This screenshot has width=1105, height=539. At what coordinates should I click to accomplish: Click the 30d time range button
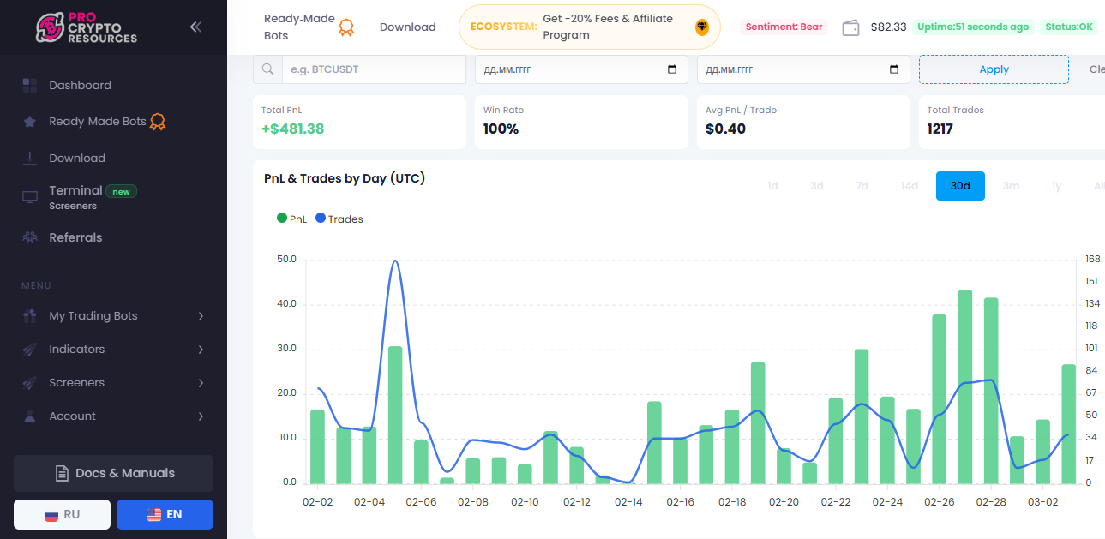tap(960, 186)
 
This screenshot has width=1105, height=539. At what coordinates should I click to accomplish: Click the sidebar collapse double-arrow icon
tap(195, 27)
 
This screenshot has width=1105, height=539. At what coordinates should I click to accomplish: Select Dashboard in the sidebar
tap(80, 86)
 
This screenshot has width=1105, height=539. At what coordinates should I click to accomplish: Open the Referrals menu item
tap(75, 237)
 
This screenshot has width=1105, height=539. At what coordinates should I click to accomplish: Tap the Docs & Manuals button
tap(113, 473)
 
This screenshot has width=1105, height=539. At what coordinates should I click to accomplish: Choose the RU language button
tap(63, 514)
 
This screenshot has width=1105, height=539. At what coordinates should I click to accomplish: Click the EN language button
tap(165, 514)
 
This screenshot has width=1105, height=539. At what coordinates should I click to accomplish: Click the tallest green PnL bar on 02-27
tap(965, 386)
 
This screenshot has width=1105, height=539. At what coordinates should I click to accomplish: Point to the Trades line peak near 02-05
tap(395, 261)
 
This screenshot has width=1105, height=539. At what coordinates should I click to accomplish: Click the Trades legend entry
tap(339, 219)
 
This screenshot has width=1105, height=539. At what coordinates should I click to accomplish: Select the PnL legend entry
tap(291, 219)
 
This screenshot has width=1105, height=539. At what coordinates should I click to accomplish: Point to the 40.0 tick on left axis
tap(286, 303)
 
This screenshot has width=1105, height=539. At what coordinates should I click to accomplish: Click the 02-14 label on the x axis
tap(628, 502)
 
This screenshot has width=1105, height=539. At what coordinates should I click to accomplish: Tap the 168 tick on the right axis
tap(1092, 259)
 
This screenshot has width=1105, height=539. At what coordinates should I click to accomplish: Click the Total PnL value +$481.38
tap(292, 129)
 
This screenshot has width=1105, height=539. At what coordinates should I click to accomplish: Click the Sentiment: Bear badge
tap(784, 27)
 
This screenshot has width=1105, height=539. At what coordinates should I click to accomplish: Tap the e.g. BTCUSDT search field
tap(374, 69)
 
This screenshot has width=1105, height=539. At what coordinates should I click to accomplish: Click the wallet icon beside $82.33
tap(850, 27)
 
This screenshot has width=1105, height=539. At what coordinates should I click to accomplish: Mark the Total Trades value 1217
tap(940, 129)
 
